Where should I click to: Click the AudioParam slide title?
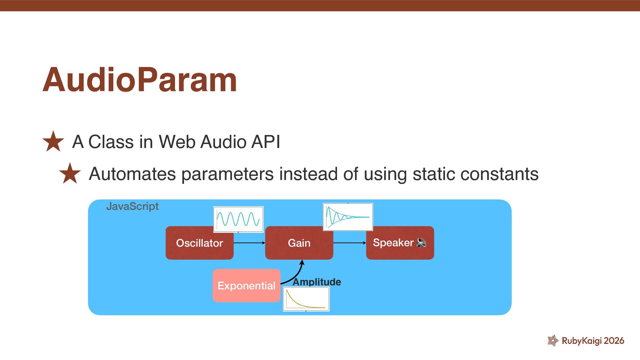pos(140,80)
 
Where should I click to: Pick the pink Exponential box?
pos(246,286)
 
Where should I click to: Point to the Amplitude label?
pos(317,282)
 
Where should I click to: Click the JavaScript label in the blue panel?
pos(132,206)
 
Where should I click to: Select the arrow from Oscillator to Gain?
pos(249,243)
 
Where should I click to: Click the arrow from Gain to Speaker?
pos(349,243)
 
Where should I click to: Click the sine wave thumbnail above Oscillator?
pos(238,219)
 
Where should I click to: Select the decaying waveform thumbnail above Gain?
pos(348,217)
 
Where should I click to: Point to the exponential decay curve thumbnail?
pos(306,299)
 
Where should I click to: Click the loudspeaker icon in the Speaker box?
pos(421,243)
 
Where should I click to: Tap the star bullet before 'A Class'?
pos(53,142)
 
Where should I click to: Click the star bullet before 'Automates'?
pos(70,174)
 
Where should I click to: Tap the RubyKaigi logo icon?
pos(553,340)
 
